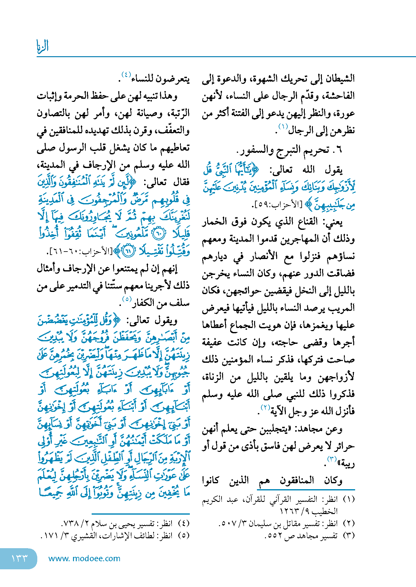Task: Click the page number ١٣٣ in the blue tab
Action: coord(19,558)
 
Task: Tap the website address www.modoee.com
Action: coord(84,558)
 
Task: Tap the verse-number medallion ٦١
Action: coord(128,251)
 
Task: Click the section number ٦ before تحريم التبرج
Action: coord(338,150)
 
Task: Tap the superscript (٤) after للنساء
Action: coord(126,75)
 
